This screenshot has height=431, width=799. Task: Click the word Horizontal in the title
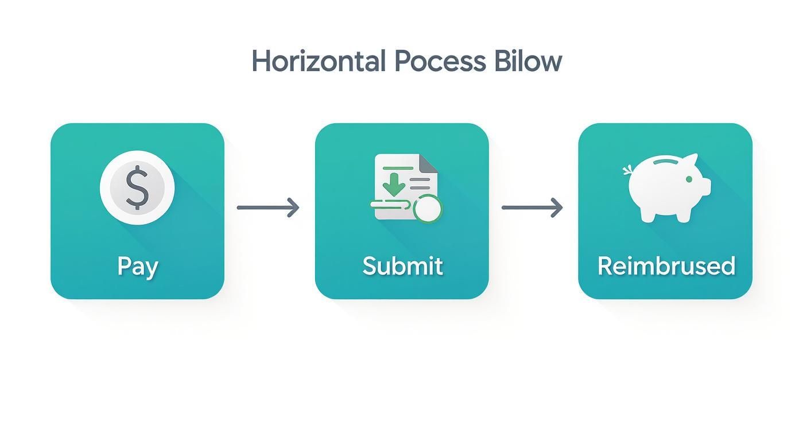pos(318,61)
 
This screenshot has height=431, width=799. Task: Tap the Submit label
pos(402,266)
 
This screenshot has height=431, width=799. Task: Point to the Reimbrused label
pos(666,266)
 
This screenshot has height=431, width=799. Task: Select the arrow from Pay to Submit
pos(268,207)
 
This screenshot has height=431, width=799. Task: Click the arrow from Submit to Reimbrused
pos(532,207)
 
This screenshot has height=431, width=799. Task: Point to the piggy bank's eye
pos(689,179)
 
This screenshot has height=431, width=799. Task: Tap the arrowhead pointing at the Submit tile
pos(294,207)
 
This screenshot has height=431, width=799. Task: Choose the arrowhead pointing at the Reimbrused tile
pos(557,207)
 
